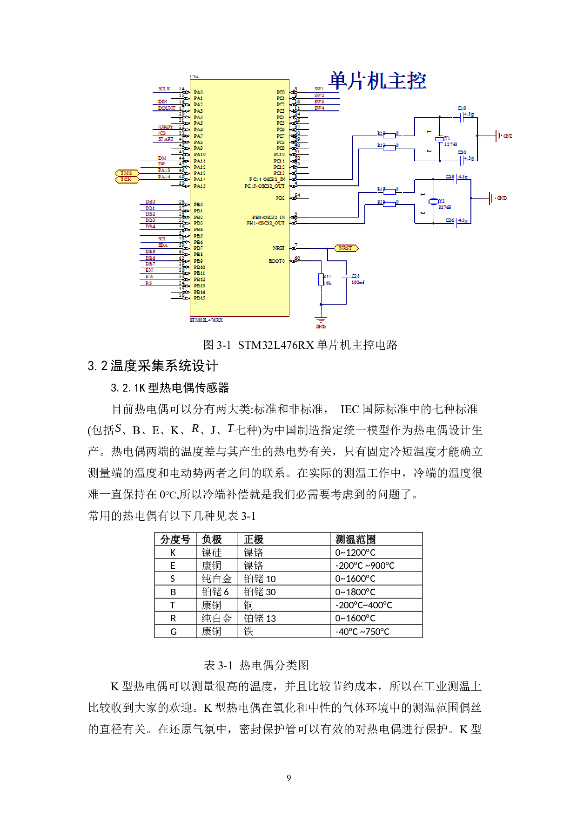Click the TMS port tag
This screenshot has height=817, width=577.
pyautogui.click(x=127, y=173)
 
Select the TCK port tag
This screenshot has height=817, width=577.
pyautogui.click(x=127, y=180)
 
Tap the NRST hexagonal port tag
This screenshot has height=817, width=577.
pyautogui.click(x=346, y=248)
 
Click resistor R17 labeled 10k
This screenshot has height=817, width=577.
pyautogui.click(x=321, y=279)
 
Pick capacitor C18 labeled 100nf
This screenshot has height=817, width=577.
pyautogui.click(x=346, y=276)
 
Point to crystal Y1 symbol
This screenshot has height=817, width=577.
pyautogui.click(x=440, y=139)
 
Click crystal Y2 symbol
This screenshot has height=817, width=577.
pyautogui.click(x=434, y=201)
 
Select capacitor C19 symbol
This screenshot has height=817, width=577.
pyautogui.click(x=461, y=117)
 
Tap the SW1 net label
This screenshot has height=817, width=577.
pyautogui.click(x=319, y=89)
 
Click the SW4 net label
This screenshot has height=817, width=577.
pyautogui.click(x=319, y=109)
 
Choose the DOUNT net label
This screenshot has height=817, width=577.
pyautogui.click(x=166, y=108)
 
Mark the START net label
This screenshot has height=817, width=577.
pyautogui.click(x=166, y=139)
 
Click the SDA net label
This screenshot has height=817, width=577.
pyautogui.click(x=163, y=245)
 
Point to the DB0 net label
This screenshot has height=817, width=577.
pyautogui.click(x=150, y=202)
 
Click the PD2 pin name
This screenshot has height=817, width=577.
pyautogui.click(x=280, y=198)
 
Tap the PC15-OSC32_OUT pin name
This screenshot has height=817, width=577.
pyautogui.click(x=264, y=186)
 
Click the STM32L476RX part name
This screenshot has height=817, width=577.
pyautogui.click(x=206, y=320)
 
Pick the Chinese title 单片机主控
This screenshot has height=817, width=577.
pyautogui.click(x=378, y=81)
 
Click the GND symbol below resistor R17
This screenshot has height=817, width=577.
pyautogui.click(x=321, y=321)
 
